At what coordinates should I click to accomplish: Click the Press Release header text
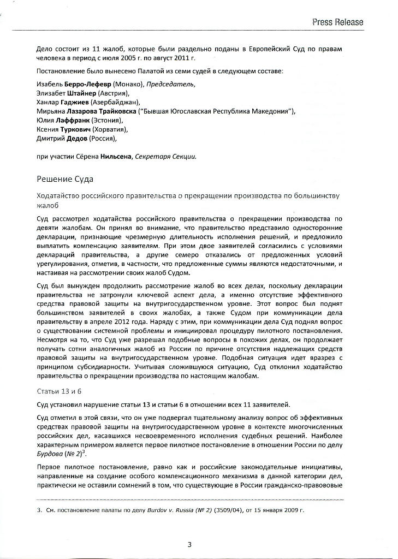click(x=338, y=22)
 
